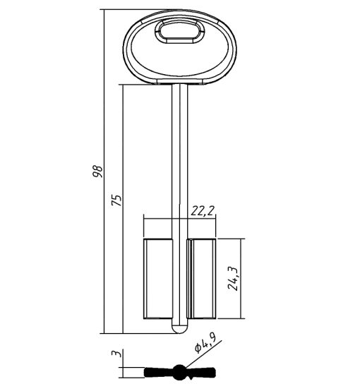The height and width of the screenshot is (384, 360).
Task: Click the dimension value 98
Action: (97, 172)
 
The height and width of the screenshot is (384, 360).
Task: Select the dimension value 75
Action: (116, 200)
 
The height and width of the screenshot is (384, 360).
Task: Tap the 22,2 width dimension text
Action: (203, 211)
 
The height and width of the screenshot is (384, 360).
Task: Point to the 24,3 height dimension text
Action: (233, 278)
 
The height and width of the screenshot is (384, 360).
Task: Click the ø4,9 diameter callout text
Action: (205, 344)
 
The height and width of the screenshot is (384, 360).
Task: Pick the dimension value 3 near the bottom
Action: (116, 354)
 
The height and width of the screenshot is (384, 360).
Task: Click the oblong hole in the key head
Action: (179, 31)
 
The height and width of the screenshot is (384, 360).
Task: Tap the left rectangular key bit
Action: (158, 279)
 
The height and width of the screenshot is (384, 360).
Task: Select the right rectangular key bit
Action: (201, 279)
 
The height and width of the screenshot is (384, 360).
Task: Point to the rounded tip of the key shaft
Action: (180, 330)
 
